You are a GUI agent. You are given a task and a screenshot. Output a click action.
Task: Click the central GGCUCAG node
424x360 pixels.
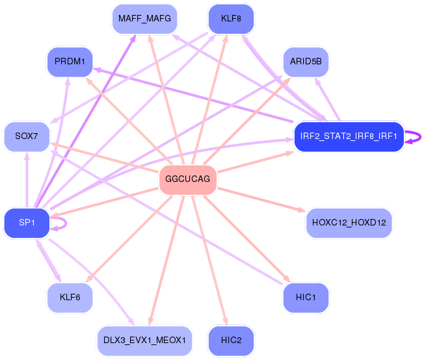[x=187, y=179]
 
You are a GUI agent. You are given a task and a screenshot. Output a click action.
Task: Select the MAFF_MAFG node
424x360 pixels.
[x=144, y=19]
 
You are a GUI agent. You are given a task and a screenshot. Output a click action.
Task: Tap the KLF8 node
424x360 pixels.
[x=231, y=19]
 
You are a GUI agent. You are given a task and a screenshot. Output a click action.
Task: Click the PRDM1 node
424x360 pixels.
[x=70, y=61]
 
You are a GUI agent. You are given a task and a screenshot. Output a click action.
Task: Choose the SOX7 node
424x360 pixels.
[x=26, y=136]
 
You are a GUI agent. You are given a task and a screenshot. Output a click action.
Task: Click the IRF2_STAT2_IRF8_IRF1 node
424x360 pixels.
[x=349, y=136]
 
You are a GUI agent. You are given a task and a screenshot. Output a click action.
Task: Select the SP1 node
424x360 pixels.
[x=26, y=223]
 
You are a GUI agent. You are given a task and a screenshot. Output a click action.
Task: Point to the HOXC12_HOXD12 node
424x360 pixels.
[x=349, y=223]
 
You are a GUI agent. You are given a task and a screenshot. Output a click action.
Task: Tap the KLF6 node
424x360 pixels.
[x=70, y=298]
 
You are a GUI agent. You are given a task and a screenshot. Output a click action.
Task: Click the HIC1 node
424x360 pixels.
[x=306, y=298]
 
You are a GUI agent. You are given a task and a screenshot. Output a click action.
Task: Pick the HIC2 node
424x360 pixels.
[x=231, y=341]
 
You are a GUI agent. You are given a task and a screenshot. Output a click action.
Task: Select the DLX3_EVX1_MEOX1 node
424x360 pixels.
[x=144, y=341]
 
